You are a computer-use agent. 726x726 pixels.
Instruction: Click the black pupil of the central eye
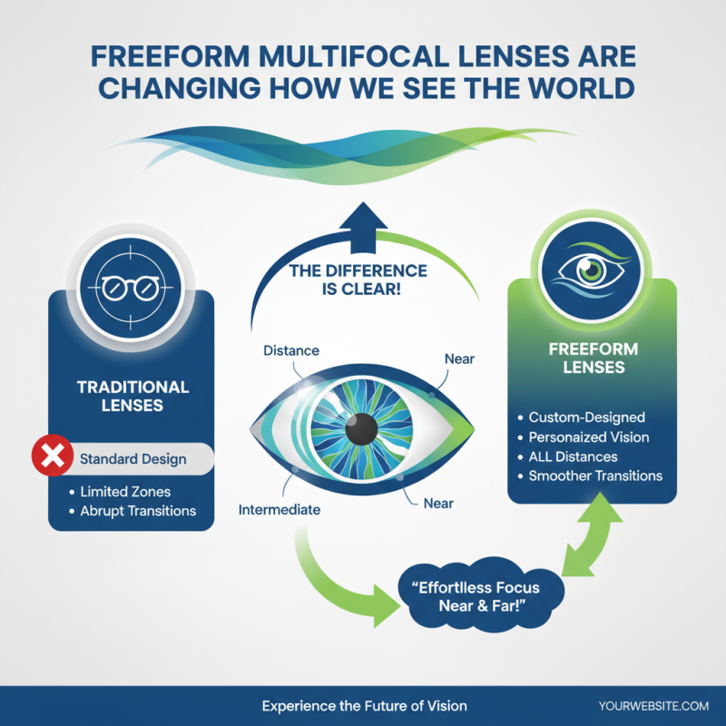point(363,427)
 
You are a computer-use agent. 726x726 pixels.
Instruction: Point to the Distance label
point(290,350)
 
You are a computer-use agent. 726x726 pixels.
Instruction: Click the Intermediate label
point(279,510)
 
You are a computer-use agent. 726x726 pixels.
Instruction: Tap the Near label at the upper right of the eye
point(459,359)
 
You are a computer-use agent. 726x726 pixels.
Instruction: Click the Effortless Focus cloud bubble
point(478,595)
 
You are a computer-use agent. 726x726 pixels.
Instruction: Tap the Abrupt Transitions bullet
point(138,511)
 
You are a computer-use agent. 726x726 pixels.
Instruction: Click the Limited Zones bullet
point(125,492)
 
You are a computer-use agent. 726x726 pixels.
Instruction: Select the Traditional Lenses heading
point(132,396)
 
